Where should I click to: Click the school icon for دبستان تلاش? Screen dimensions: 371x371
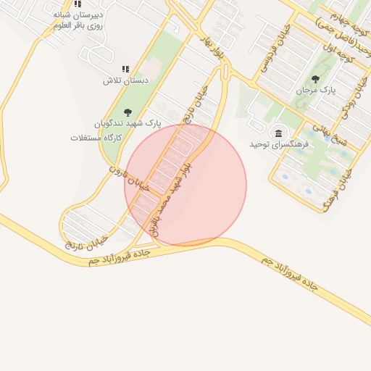pyautogui.click(x=125, y=69)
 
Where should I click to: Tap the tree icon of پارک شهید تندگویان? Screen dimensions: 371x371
pyautogui.click(x=128, y=112)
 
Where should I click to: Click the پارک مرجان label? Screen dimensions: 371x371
pyautogui.click(x=317, y=91)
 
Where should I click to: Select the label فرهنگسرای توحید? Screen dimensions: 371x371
pyautogui.click(x=275, y=143)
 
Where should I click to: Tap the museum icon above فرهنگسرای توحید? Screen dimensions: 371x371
pyautogui.click(x=278, y=132)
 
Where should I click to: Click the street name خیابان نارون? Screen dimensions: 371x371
pyautogui.click(x=128, y=178)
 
